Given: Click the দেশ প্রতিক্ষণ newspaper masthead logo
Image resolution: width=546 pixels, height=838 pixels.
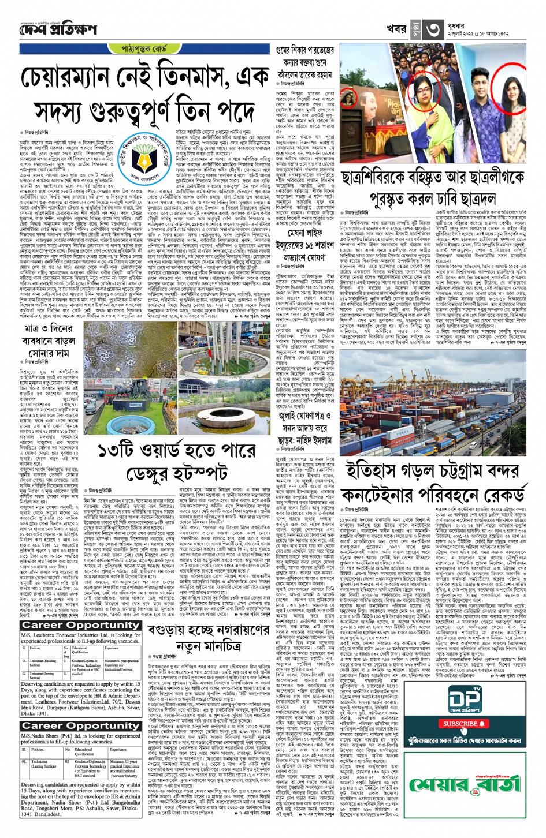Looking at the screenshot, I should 60,29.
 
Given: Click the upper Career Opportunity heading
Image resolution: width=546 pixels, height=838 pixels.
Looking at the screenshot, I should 80,625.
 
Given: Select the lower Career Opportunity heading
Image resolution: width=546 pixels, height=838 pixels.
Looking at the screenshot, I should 80,725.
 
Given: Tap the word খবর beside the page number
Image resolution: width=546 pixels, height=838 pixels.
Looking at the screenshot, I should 396,29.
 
